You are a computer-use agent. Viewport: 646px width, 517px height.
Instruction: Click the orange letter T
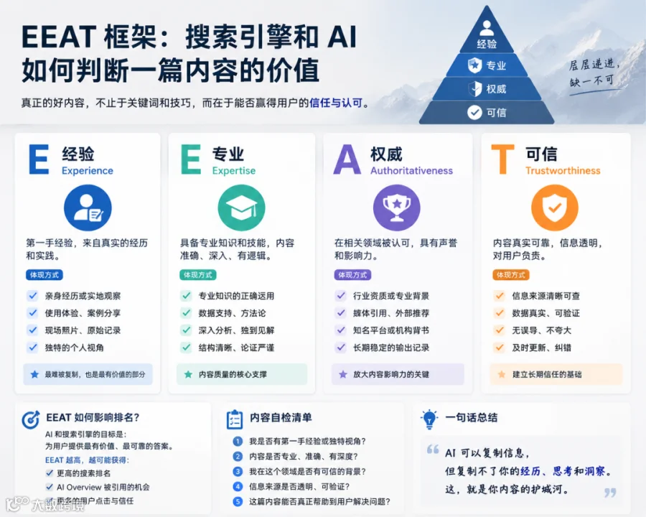click(x=503, y=159)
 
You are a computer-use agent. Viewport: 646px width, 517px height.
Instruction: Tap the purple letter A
click(x=347, y=159)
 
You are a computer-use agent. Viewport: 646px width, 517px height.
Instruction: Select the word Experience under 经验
click(x=88, y=171)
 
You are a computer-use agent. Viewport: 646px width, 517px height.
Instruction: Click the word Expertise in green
click(x=233, y=171)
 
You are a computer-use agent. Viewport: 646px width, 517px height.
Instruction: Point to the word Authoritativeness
click(x=411, y=171)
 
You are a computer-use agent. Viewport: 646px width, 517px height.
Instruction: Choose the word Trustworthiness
click(x=563, y=171)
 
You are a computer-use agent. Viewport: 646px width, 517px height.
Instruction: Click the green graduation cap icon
click(x=241, y=208)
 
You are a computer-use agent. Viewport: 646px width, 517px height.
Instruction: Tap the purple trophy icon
click(x=397, y=208)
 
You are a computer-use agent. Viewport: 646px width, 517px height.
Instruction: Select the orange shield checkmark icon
click(x=555, y=208)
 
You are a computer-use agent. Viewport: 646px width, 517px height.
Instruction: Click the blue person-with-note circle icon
click(x=88, y=208)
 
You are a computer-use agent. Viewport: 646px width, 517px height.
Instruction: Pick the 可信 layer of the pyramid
click(x=487, y=113)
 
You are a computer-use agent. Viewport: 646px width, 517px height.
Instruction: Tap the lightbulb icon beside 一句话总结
click(x=429, y=419)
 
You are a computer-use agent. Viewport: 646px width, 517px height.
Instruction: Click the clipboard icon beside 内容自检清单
click(x=235, y=419)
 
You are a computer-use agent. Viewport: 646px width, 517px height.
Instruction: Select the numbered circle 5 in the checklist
click(x=238, y=502)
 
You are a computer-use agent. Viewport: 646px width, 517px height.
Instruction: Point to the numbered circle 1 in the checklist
click(x=238, y=441)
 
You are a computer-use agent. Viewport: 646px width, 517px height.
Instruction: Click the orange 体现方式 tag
click(x=511, y=274)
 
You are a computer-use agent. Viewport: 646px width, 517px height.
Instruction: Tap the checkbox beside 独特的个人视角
click(x=32, y=347)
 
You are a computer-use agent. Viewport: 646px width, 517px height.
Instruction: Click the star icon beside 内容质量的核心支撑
click(x=188, y=374)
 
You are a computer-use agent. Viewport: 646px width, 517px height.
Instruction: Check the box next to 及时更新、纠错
click(x=500, y=347)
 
